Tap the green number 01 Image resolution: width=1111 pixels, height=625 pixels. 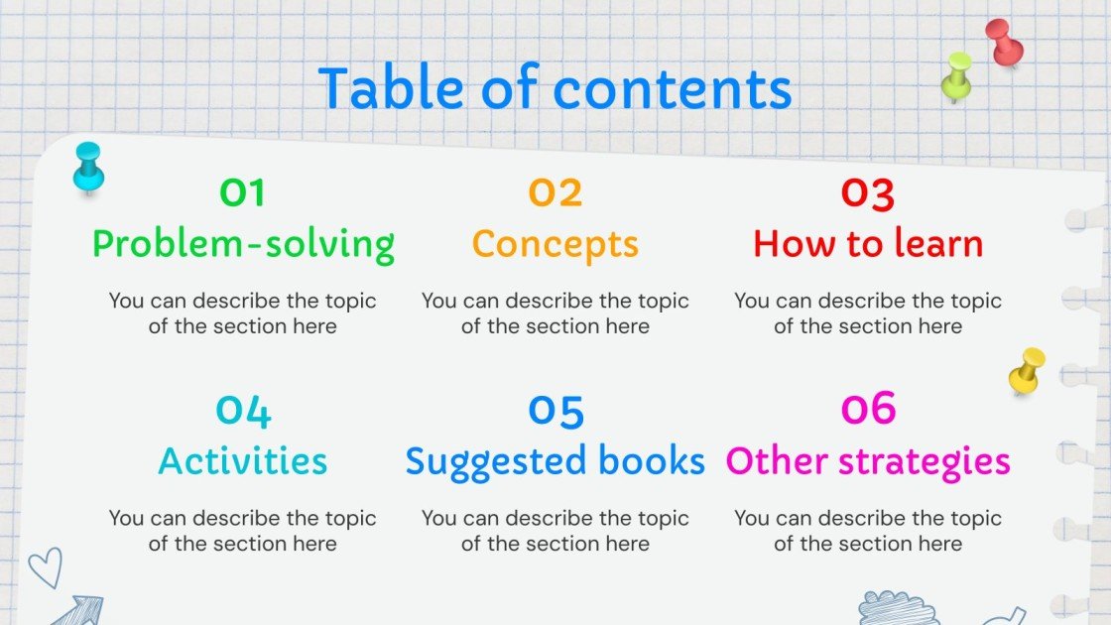[x=243, y=192]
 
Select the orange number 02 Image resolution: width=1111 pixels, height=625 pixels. [x=555, y=192]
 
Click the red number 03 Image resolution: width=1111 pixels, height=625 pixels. [x=868, y=192]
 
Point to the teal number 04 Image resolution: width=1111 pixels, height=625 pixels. [x=243, y=410]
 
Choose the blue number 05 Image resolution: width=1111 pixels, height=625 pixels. [x=555, y=410]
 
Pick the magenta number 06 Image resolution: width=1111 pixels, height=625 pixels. [x=868, y=408]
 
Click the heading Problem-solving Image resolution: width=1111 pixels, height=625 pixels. [x=243, y=244]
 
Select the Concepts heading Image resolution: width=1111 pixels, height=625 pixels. [x=555, y=244]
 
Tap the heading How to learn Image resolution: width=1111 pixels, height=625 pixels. [x=868, y=244]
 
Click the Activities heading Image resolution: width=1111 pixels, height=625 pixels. [x=243, y=461]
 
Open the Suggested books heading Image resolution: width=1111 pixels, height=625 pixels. [x=555, y=461]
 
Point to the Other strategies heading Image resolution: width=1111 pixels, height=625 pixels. [x=868, y=461]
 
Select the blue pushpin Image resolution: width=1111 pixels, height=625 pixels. [x=88, y=167]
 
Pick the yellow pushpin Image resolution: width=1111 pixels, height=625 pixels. [x=1027, y=369]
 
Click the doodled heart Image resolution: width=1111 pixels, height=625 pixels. [x=44, y=567]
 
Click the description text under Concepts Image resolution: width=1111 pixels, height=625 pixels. [x=555, y=313]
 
